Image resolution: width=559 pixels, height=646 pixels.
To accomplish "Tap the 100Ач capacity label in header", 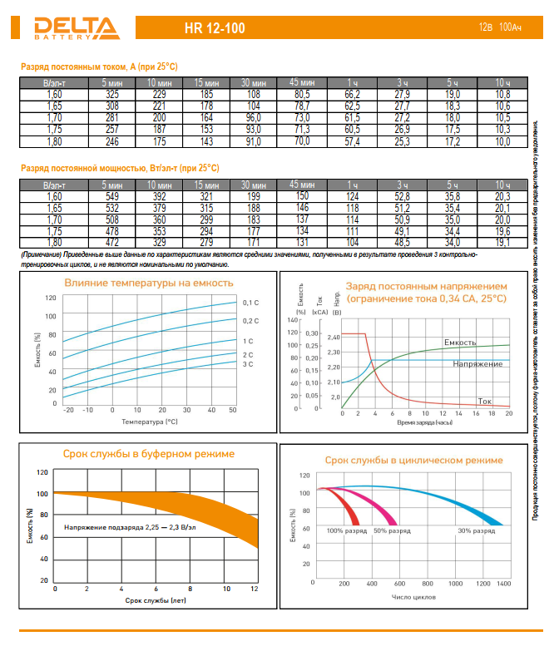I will pos(510,28).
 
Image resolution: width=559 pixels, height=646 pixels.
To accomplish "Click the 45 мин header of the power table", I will pos(301,184).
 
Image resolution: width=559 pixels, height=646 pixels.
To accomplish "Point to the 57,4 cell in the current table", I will pos(352,142).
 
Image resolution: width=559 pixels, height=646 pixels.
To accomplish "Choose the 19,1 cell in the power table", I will pos(502,243).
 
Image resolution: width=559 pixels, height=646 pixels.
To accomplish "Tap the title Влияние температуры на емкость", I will pos(149,284).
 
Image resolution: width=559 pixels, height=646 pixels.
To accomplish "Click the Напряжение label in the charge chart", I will pos(477,364).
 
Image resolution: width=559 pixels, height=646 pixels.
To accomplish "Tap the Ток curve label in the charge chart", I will pos(485,402).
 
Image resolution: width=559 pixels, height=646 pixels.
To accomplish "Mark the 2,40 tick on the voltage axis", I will pos(334,337).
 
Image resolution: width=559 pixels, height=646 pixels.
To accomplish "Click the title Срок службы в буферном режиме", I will pos(149,454).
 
